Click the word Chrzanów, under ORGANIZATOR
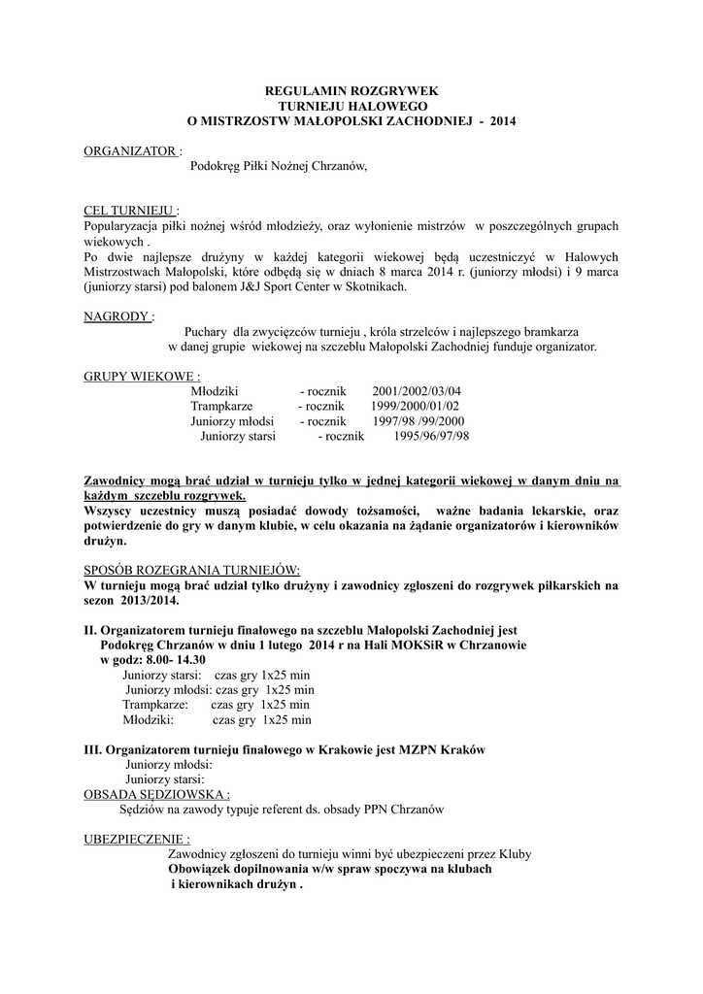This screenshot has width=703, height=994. click(339, 166)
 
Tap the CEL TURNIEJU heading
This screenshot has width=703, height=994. click(129, 211)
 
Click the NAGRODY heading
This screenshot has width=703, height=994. click(117, 315)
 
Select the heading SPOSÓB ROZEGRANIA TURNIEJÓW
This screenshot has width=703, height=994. click(192, 570)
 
